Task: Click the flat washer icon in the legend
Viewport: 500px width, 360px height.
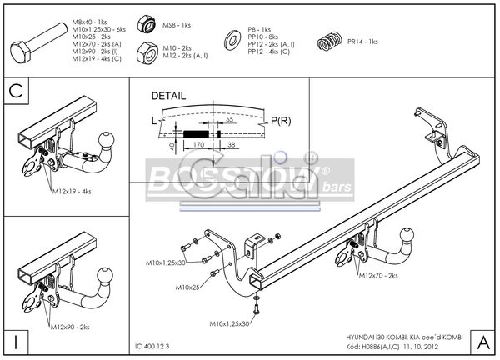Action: pos(229,40)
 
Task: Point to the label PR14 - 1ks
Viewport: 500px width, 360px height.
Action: pos(362,41)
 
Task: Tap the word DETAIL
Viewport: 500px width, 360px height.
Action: pos(169,96)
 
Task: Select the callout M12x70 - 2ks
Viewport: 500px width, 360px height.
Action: pos(379,273)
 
